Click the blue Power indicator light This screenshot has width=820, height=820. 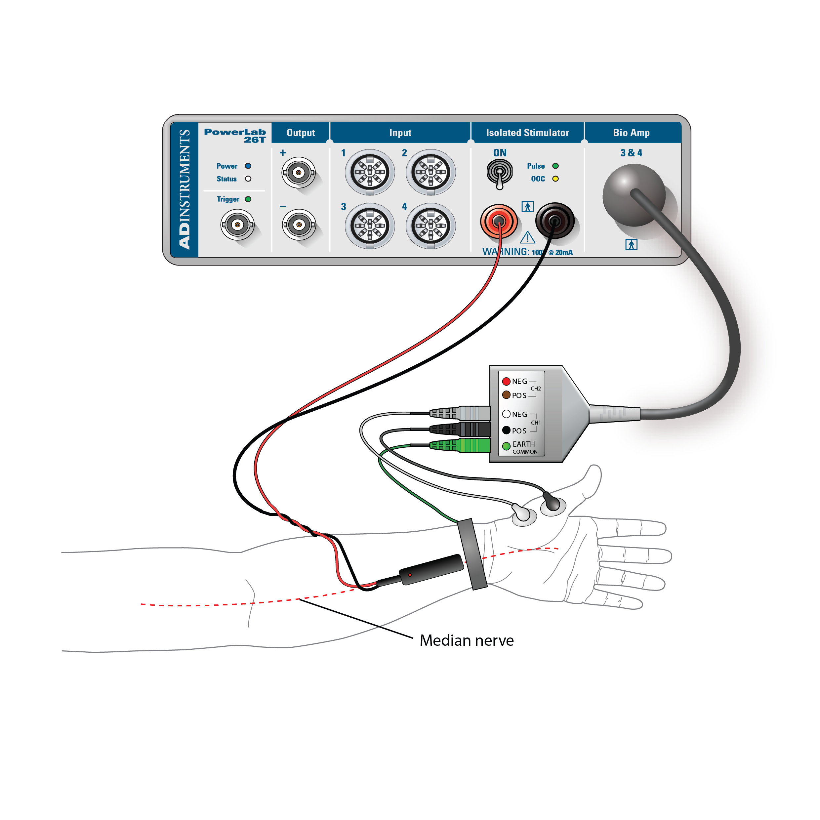[x=248, y=166]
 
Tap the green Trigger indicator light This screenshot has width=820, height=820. [x=248, y=199]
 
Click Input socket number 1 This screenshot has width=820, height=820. [x=370, y=172]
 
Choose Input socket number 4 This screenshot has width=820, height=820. [x=430, y=225]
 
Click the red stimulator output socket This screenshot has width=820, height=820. [x=499, y=221]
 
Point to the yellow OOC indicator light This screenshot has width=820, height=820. [x=555, y=179]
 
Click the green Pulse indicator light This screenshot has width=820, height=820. [x=555, y=166]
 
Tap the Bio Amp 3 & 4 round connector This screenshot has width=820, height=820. [x=634, y=195]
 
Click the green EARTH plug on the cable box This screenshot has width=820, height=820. [x=461, y=445]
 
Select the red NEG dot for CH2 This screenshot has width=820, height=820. [x=506, y=381]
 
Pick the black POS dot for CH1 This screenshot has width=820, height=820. [x=506, y=430]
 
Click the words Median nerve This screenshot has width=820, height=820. [x=467, y=640]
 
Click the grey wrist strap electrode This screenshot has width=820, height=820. [x=472, y=554]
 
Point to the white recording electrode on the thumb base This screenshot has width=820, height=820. [x=523, y=514]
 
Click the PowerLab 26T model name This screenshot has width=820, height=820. [x=235, y=135]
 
